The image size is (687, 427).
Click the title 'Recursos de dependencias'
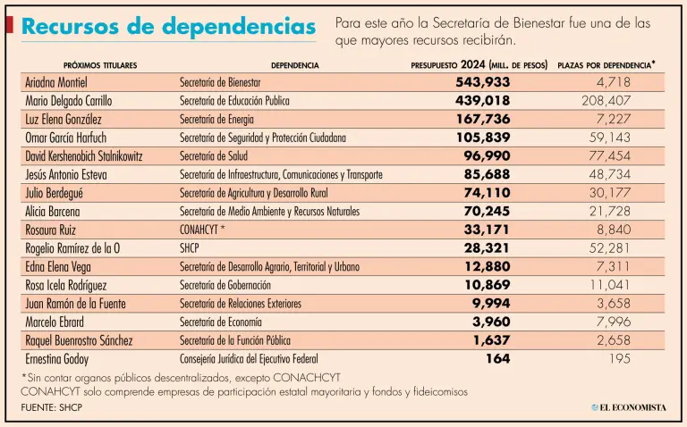(x=168, y=26)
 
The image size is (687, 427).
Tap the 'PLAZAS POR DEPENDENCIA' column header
(x=606, y=65)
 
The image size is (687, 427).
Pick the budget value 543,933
(x=482, y=82)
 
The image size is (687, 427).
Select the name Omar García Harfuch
(x=75, y=138)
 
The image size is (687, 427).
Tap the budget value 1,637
(x=493, y=340)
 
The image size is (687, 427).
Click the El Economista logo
(x=628, y=407)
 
